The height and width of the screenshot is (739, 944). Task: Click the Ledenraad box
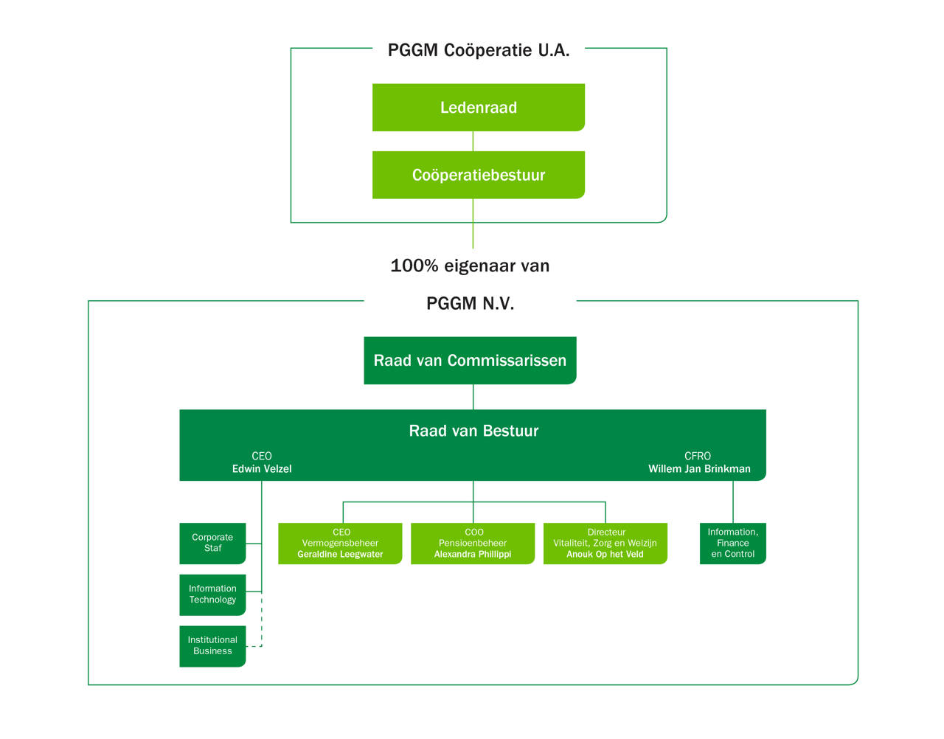pos(478,108)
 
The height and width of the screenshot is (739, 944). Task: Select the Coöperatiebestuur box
pos(478,176)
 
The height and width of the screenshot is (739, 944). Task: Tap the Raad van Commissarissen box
pos(470,361)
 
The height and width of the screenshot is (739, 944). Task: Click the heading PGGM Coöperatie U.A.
pos(479,50)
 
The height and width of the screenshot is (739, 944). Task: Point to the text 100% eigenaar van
pos(470,266)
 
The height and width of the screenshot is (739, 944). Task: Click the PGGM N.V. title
pos(470,303)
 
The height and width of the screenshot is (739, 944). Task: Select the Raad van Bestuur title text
pos(473,431)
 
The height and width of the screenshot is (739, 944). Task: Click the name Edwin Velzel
pos(262,469)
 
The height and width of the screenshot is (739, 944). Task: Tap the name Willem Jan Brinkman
pos(699,469)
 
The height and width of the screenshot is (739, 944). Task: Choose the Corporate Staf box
pos(212,543)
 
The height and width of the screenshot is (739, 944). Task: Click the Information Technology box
pos(212,594)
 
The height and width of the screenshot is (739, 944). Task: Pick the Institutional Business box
pos(212,646)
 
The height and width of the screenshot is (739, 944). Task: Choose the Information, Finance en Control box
pos(732,543)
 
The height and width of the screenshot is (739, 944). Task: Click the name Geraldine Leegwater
pos(340,555)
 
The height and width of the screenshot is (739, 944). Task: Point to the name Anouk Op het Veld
pos(605,555)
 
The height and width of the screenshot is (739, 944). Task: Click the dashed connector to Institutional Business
pos(261,623)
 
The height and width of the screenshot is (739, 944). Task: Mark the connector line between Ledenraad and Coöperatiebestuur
pos(473,142)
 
